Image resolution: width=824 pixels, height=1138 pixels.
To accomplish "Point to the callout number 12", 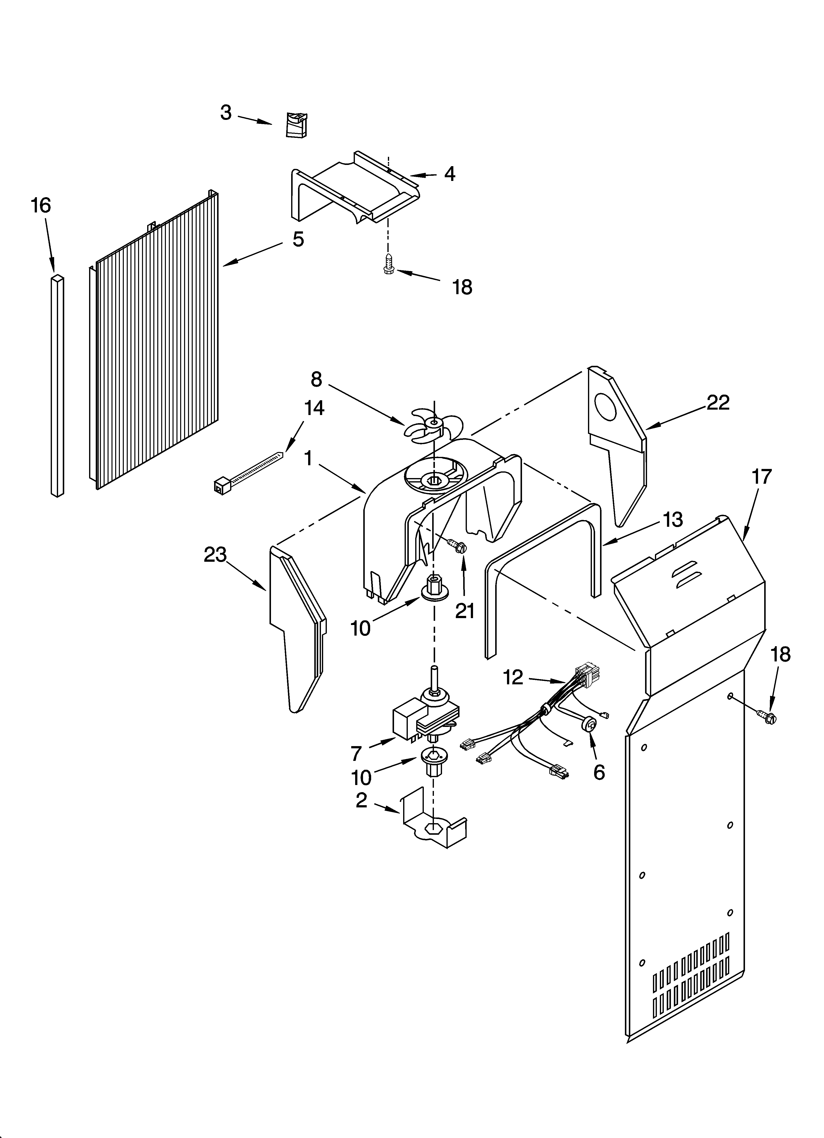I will [x=513, y=677].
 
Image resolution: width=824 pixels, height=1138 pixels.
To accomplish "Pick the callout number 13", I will [x=672, y=520].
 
